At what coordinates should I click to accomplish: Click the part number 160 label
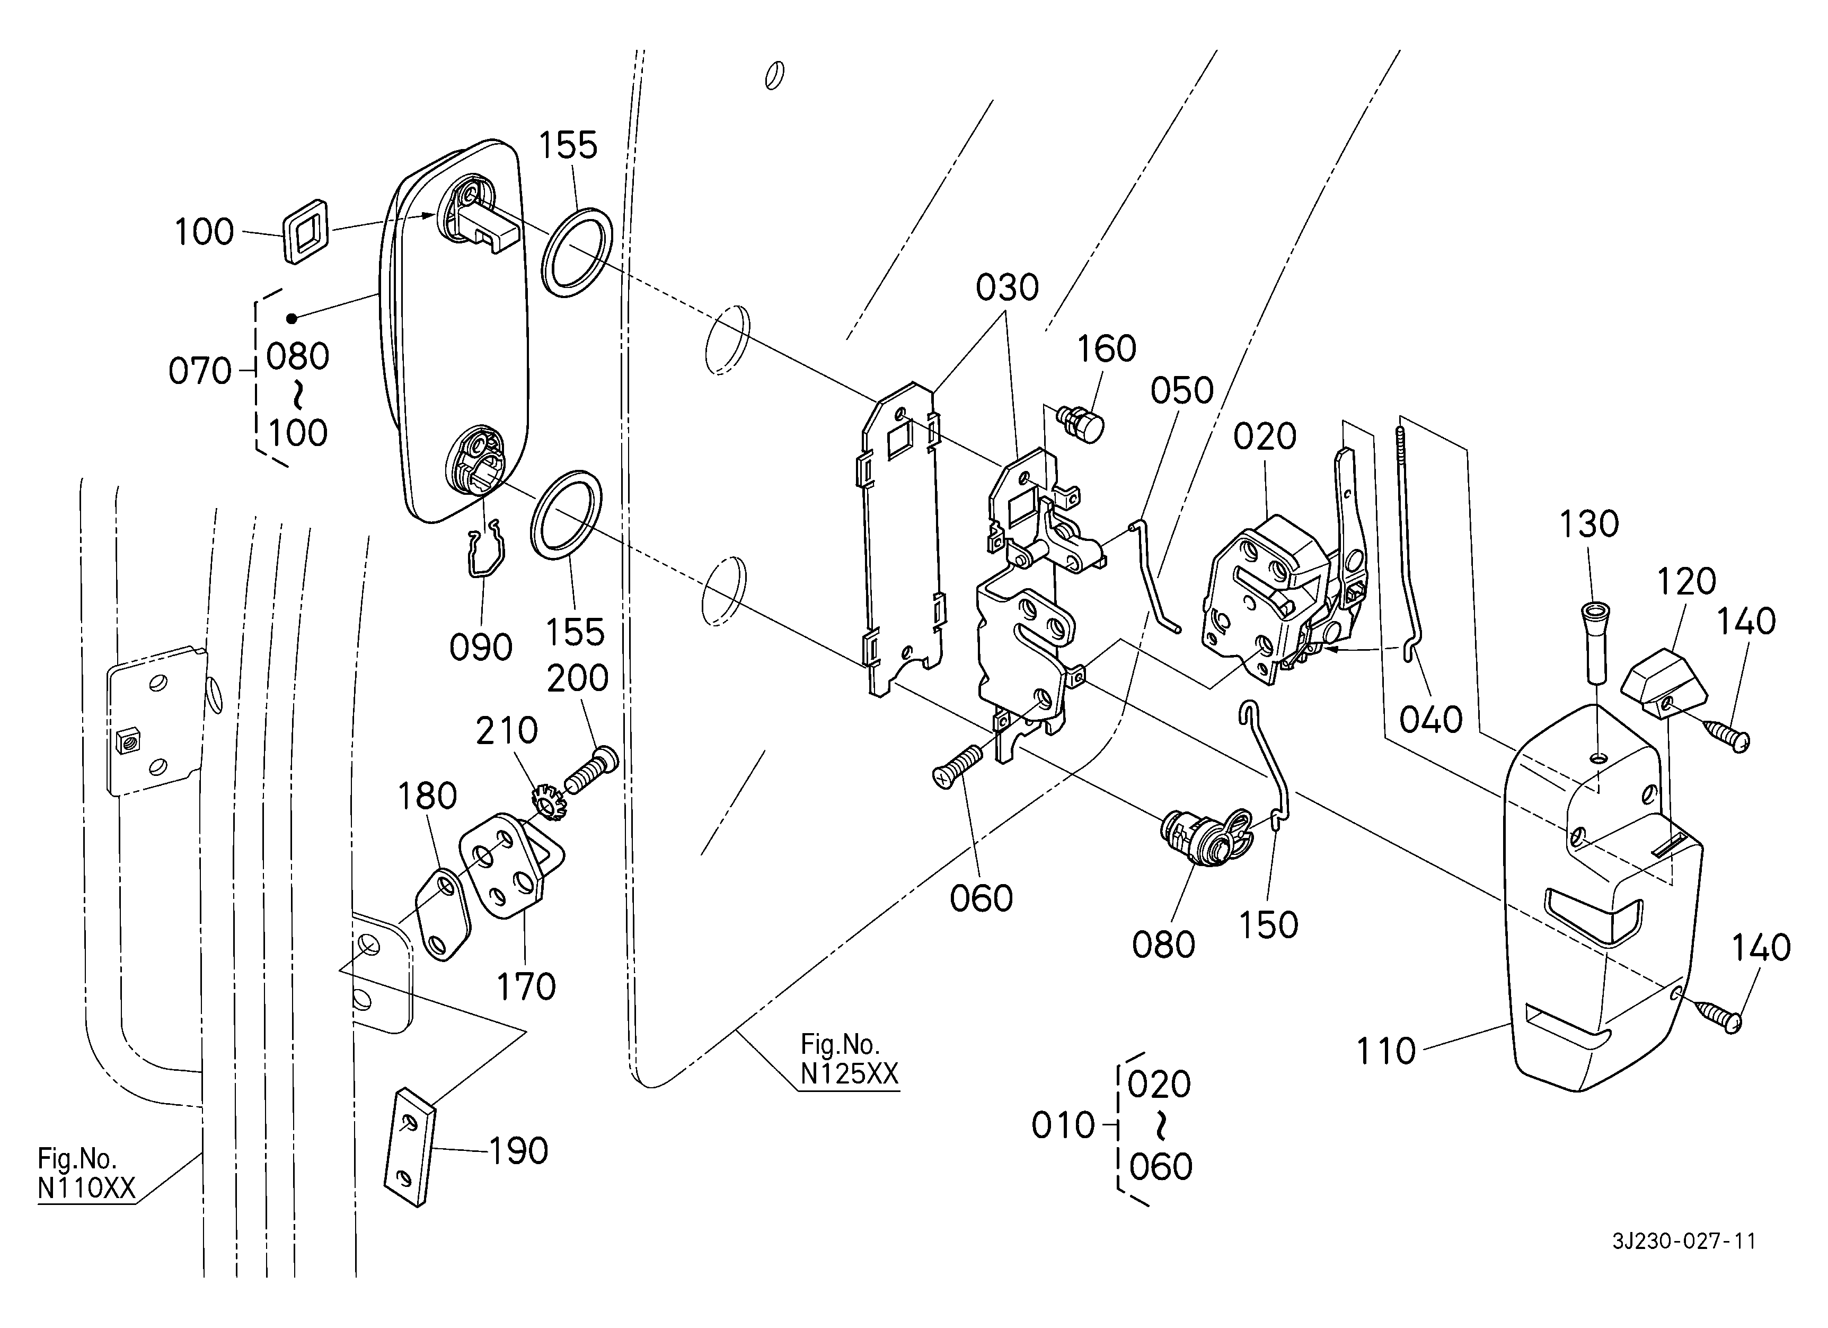(x=1107, y=349)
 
